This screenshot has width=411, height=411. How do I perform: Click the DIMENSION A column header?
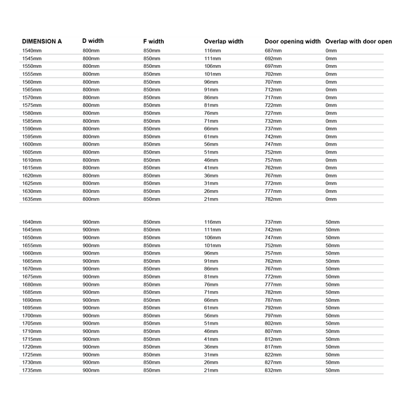click(x=42, y=42)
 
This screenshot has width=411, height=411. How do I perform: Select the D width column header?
click(x=93, y=41)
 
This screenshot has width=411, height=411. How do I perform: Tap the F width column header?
click(x=154, y=41)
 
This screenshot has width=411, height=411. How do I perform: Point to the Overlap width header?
click(x=223, y=42)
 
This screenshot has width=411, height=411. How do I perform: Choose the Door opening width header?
click(x=292, y=42)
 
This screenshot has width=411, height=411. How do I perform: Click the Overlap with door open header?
click(x=358, y=42)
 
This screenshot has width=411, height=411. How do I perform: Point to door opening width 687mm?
click(x=273, y=51)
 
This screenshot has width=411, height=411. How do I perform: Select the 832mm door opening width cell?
click(x=273, y=370)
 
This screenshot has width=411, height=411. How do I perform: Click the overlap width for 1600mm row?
click(x=211, y=144)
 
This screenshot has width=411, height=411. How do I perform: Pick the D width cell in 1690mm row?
click(x=91, y=300)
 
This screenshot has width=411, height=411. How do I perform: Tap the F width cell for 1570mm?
click(x=152, y=98)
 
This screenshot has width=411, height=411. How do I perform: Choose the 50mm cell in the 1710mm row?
click(x=332, y=331)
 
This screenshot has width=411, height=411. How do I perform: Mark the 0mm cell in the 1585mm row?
click(x=331, y=121)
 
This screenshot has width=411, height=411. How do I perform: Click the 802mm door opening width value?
click(x=273, y=323)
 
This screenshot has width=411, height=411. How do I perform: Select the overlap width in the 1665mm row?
click(x=211, y=261)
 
